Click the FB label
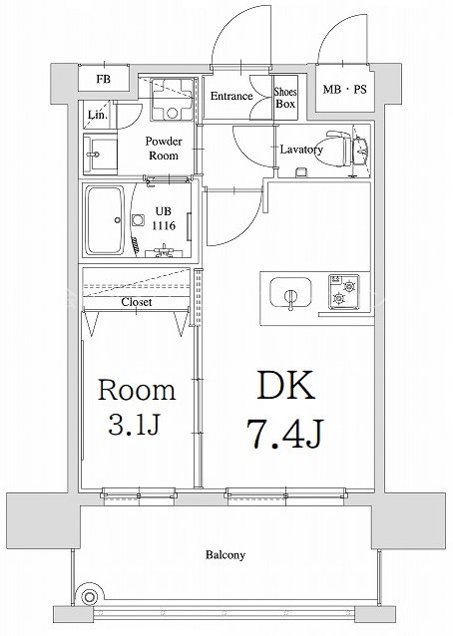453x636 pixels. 104,79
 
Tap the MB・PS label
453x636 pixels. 344,90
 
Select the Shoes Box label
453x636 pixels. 285,98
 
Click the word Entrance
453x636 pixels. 231,96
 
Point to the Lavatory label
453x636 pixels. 301,150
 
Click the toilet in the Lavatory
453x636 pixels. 338,149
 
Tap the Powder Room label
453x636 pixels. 164,149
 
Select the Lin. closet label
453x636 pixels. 98,115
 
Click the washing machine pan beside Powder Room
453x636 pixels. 173,99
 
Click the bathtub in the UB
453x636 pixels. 105,220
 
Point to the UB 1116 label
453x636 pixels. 164,218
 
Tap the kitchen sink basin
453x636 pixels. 290,292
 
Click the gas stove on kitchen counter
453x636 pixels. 344,292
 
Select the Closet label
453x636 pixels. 137,302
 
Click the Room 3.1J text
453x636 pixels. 137,407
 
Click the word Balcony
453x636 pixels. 226,554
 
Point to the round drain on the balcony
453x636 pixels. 89,597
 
